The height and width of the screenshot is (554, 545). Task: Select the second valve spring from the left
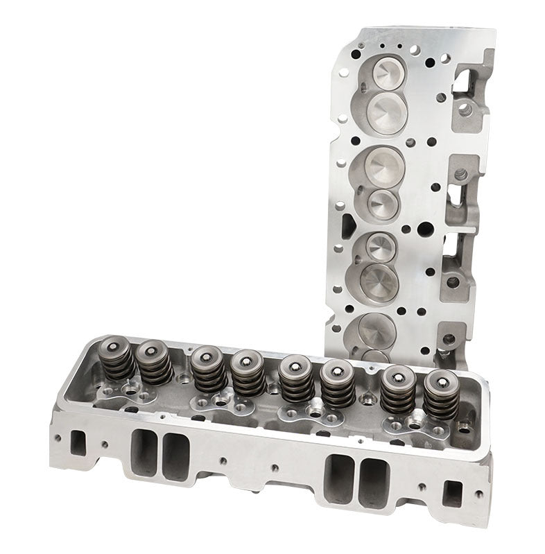click(x=153, y=363)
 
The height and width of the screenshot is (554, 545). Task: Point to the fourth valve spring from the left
click(x=247, y=372)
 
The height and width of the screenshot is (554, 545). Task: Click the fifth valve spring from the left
click(x=296, y=378)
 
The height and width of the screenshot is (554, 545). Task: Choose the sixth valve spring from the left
click(x=337, y=382)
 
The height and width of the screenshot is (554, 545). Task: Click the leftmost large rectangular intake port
click(x=144, y=452)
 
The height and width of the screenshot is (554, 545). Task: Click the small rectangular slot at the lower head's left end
click(x=78, y=443)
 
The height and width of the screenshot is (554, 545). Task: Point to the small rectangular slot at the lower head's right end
click(x=452, y=493)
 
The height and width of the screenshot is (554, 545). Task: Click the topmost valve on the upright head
click(x=386, y=72)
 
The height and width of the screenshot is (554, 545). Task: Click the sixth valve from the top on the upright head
click(x=379, y=281)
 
